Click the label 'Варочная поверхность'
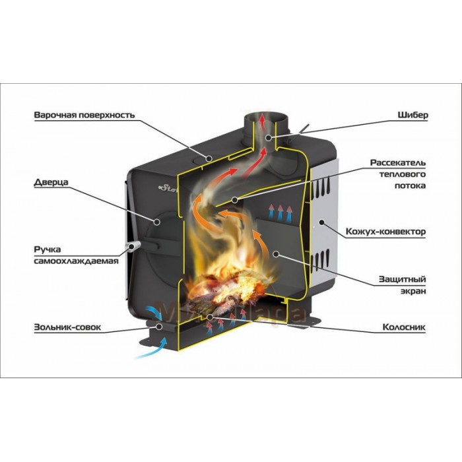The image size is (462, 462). click(84, 115)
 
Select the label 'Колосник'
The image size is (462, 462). click(404, 326)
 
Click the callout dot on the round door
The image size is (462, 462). click(157, 220)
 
